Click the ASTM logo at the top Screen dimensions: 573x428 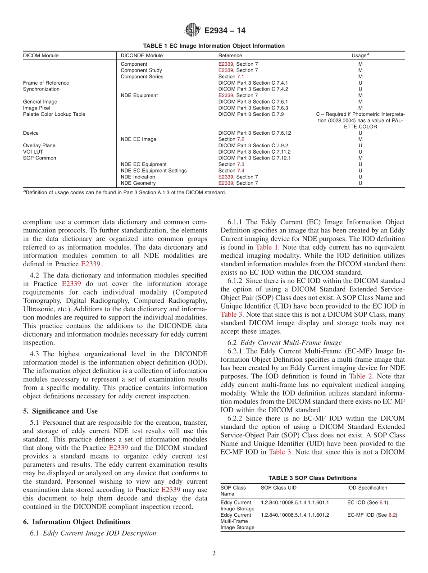[x=193, y=31]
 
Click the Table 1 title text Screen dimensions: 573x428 [x=214, y=46]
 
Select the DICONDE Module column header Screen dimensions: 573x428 [x=141, y=56]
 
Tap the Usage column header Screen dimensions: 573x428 [x=360, y=55]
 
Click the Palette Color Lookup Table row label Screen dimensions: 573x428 [x=54, y=114]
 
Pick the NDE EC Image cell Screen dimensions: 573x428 [x=138, y=140]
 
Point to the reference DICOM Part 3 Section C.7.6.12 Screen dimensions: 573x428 [x=255, y=133]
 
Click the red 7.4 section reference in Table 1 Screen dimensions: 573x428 [x=241, y=171]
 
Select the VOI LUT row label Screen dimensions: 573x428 [x=33, y=152]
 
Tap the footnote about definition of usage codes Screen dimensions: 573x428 [x=124, y=193]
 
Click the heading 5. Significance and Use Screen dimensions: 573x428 [x=60, y=411]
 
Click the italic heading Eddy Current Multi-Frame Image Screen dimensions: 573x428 [x=291, y=343]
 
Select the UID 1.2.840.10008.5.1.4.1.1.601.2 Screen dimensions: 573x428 [x=295, y=515]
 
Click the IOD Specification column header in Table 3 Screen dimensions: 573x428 [x=367, y=488]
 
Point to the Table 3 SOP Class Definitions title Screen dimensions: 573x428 [x=312, y=478]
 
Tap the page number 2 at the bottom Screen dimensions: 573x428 [x=214, y=554]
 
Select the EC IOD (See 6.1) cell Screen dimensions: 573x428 [x=368, y=502]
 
